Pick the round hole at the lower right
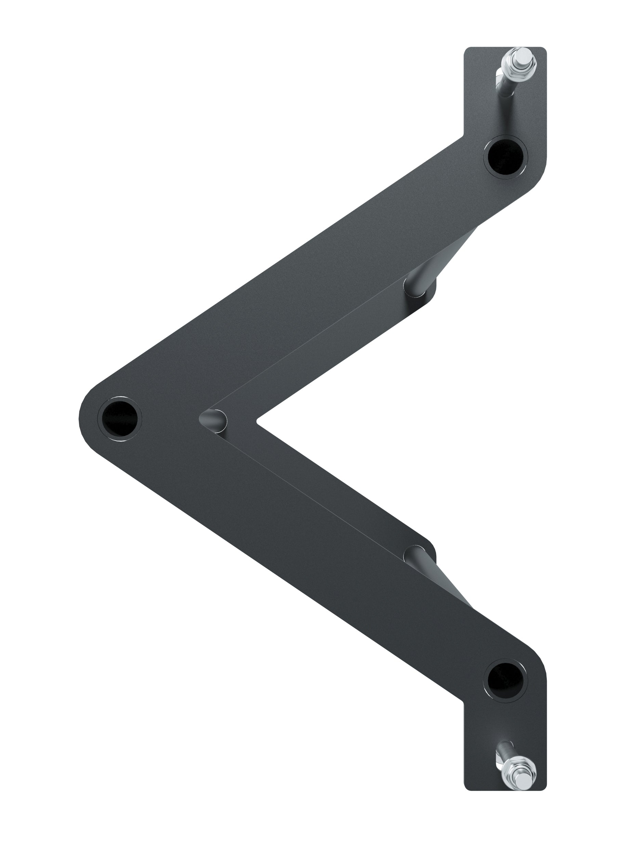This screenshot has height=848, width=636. [x=505, y=680]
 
